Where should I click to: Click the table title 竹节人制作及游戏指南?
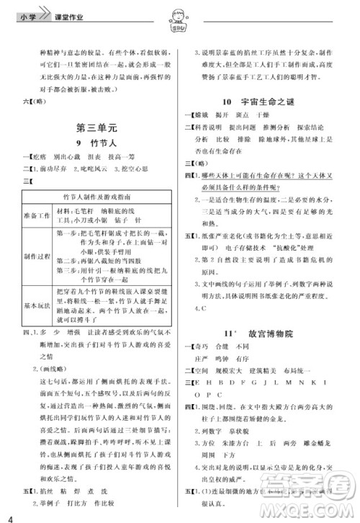[x=97, y=195]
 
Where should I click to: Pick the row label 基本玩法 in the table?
[x=40, y=306]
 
